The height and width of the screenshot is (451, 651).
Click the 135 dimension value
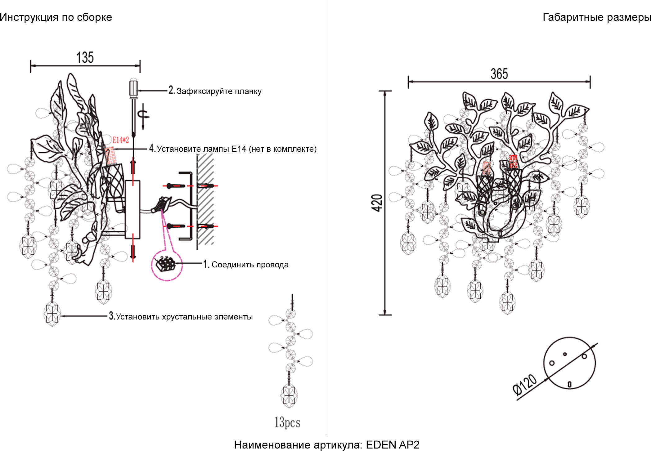point(85,57)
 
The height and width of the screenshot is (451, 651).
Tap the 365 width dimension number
point(499,74)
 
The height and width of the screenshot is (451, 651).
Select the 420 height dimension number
point(377,203)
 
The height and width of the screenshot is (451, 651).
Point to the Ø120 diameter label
point(525,385)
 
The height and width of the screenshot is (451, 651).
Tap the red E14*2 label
point(120,140)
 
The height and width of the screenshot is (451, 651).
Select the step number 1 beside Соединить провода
point(206,264)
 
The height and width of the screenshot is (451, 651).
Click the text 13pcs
point(287,422)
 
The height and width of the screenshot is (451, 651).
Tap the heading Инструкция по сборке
point(56,17)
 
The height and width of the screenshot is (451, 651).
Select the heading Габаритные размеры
point(596,17)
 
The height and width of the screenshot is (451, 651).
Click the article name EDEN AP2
point(393,445)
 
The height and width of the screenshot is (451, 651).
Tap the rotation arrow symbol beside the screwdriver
point(144,116)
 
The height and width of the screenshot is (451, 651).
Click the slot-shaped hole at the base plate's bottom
point(570,385)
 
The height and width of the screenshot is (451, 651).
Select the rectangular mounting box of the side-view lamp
point(132,209)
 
